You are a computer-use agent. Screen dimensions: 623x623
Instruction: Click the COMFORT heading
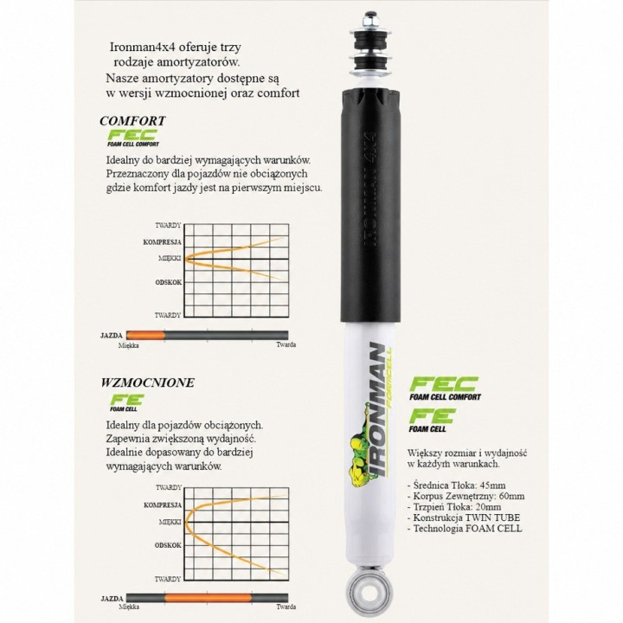coord(132,121)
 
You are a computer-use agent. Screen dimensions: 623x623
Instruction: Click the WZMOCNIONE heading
coord(147,382)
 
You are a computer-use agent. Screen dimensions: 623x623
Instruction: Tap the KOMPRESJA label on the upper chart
coord(162,242)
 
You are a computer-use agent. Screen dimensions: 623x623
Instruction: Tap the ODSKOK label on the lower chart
coord(168,545)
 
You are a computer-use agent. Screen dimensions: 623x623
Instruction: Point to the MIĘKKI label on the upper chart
coord(170,258)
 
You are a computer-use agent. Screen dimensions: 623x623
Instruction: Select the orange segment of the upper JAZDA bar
coord(145,336)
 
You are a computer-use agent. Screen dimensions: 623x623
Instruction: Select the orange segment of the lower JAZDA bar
coord(208,598)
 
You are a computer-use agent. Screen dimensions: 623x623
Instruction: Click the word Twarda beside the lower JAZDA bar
coord(286,607)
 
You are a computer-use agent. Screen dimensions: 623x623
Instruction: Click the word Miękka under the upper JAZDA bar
coord(129,345)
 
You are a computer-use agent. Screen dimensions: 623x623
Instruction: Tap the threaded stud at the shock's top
coord(370,22)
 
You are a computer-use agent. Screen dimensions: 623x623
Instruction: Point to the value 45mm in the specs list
coord(492,485)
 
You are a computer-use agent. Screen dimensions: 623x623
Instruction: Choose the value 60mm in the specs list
coord(511,496)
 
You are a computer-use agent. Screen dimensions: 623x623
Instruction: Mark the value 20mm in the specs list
coord(488,506)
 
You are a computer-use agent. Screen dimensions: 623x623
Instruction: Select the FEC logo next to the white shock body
coord(445,389)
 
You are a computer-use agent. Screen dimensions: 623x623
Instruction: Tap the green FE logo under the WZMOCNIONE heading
coord(126,402)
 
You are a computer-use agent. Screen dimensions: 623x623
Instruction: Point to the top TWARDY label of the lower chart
coord(169,487)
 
